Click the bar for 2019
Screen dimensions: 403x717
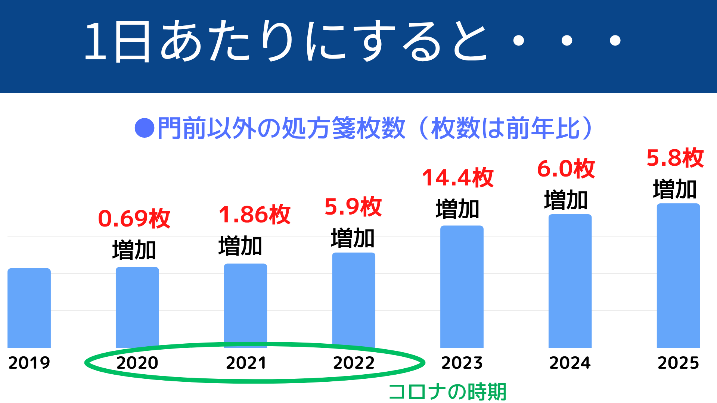coord(29,308)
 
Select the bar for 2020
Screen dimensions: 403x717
coord(137,307)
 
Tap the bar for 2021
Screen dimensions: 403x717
coord(245,306)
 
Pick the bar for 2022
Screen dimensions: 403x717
coord(354,300)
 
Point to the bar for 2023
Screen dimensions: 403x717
coord(462,287)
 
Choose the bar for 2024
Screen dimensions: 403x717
coord(570,281)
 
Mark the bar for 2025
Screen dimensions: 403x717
coord(678,275)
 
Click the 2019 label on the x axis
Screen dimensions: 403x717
coord(29,363)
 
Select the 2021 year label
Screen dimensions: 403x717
coord(246,363)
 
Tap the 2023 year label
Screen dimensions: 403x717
coord(462,363)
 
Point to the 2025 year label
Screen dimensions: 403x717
coord(678,363)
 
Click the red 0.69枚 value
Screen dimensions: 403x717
coord(134,218)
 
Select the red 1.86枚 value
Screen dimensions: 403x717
coord(255,215)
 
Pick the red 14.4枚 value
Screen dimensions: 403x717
coord(458,178)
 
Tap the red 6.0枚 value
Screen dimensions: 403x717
coord(566,169)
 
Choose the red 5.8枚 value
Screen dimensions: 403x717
coord(675,158)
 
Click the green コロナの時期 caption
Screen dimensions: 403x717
coord(447,392)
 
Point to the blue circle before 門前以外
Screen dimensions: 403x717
coord(145,128)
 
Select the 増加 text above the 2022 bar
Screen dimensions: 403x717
coord(353,238)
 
